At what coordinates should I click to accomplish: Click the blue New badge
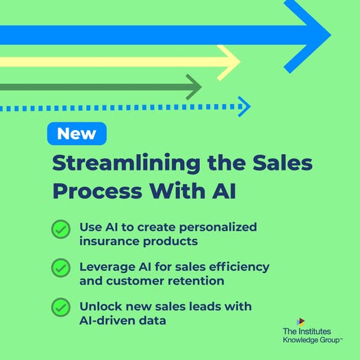click(77, 133)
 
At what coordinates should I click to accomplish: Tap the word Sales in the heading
click(283, 163)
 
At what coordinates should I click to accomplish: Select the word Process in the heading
click(97, 191)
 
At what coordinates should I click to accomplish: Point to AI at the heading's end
click(224, 191)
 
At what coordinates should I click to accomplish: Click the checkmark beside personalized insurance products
click(61, 229)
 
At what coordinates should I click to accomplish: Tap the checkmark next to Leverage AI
click(61, 268)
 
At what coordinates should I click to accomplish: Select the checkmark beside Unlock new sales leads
click(61, 307)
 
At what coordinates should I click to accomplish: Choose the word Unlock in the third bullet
click(101, 307)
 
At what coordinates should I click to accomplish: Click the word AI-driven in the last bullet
click(107, 320)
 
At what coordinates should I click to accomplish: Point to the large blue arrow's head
click(308, 35)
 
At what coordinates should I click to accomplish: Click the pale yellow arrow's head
click(229, 62)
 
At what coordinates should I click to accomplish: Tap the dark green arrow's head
click(194, 87)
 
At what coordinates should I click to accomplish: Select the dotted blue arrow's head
click(244, 107)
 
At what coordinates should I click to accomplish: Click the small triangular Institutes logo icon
click(300, 322)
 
